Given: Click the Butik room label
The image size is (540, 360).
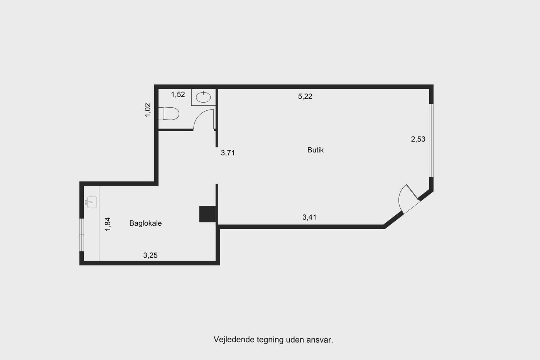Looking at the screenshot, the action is point(316,150).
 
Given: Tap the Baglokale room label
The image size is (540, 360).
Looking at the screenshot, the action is point(145,223).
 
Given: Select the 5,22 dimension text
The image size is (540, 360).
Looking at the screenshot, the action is point(305,96).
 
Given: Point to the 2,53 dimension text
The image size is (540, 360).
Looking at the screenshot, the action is point(418,139).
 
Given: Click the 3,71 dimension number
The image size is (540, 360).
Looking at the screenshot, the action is point(228,153).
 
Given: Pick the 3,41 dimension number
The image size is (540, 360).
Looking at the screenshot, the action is point(309,217).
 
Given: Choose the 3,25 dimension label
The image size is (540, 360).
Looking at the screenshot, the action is point(150,255).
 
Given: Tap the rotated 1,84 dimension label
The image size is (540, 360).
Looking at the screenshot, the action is point(108,224).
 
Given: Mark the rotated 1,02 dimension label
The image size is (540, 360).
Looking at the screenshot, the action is point(147,110).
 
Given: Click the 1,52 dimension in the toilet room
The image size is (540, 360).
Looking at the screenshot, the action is point(178,95).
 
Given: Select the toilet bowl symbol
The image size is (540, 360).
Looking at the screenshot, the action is point(169,113).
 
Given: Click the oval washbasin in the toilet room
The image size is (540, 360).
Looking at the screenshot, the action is point(203,97).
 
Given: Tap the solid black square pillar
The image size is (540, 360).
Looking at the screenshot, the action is point(208,214).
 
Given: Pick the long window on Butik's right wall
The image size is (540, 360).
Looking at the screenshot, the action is point(431,140).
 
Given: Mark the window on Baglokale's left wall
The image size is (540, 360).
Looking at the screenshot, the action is point(82,235).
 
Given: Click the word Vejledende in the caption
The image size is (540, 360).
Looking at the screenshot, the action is point(234,340).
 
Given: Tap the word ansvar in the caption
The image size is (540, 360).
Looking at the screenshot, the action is point(320,340).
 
